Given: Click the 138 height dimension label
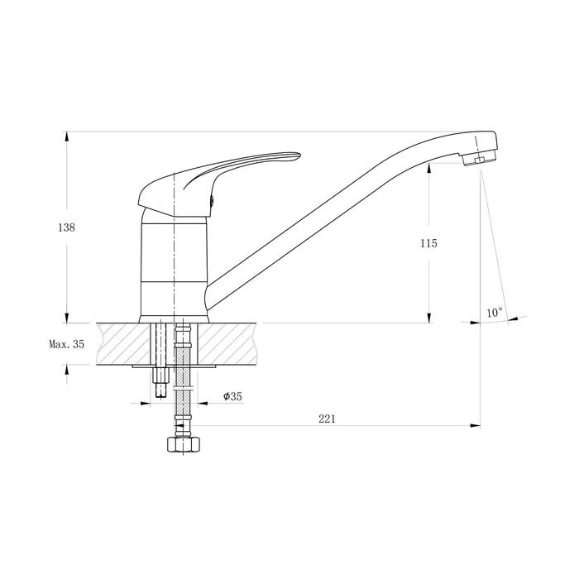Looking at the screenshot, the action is pyautogui.click(x=66, y=227).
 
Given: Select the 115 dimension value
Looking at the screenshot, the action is pyautogui.click(x=428, y=243).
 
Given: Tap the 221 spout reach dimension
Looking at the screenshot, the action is pyautogui.click(x=328, y=419).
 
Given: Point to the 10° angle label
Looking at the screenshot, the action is pyautogui.click(x=495, y=313).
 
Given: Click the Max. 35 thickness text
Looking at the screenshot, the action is pyautogui.click(x=67, y=344).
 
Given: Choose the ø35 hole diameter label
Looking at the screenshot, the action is pyautogui.click(x=232, y=396).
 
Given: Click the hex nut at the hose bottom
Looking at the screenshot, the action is pyautogui.click(x=184, y=445).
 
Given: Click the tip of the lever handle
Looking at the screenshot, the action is pyautogui.click(x=300, y=155).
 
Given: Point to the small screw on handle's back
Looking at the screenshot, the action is pyautogui.click(x=212, y=200).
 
